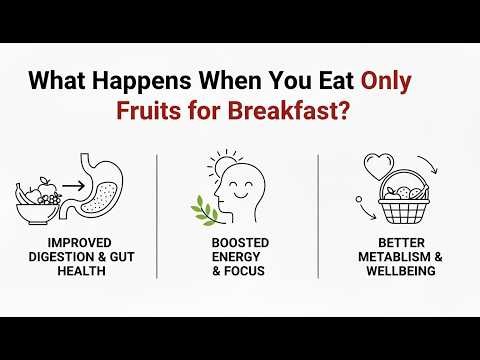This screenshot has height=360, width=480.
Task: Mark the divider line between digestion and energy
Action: tap(157, 215)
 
